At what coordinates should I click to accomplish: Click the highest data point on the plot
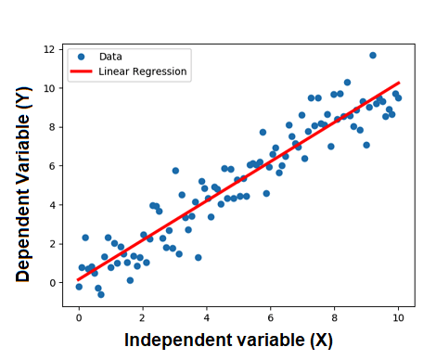(373, 56)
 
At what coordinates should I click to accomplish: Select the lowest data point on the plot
(101, 295)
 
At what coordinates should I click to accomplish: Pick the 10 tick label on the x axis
(399, 316)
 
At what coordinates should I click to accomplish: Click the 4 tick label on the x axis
(207, 316)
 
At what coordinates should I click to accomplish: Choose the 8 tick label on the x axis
(335, 316)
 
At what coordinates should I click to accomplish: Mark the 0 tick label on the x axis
(79, 316)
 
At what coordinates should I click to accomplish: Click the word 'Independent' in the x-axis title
(173, 340)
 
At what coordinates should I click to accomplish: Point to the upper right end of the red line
(399, 83)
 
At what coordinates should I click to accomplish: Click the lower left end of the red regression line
(79, 279)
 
